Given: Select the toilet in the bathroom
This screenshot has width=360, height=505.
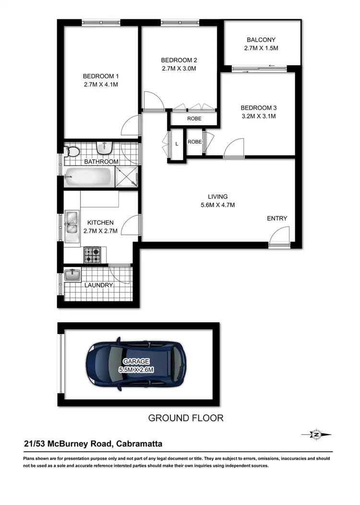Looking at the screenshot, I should coord(73,152).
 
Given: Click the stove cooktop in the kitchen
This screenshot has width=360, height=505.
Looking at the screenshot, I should coord(93,254).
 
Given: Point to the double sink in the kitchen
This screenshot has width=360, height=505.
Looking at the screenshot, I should coord(72,222).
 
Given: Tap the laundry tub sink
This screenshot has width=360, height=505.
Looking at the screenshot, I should coord(72,275).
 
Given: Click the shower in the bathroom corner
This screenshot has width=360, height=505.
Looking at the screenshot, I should coord(129,177).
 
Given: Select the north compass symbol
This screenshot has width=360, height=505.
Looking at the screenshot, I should coord(316,434).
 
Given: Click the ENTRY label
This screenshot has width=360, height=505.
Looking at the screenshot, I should coord(277,218).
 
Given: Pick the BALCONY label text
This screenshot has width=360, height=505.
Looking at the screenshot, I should coord(262,40).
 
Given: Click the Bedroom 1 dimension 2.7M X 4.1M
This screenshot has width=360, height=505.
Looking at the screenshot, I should coord(101,84).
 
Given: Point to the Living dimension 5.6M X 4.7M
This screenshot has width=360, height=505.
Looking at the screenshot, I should coord(217,205).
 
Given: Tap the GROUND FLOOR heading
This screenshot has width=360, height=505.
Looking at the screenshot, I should coord(186,418).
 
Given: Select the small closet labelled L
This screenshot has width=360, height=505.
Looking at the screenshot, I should coord(177,144).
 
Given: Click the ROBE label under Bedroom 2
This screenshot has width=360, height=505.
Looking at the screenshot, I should coord(194,119).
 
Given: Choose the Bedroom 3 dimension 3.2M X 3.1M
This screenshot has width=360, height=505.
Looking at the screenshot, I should coord(259,116).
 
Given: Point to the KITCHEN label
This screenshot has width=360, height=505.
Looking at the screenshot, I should coord(100,222).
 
